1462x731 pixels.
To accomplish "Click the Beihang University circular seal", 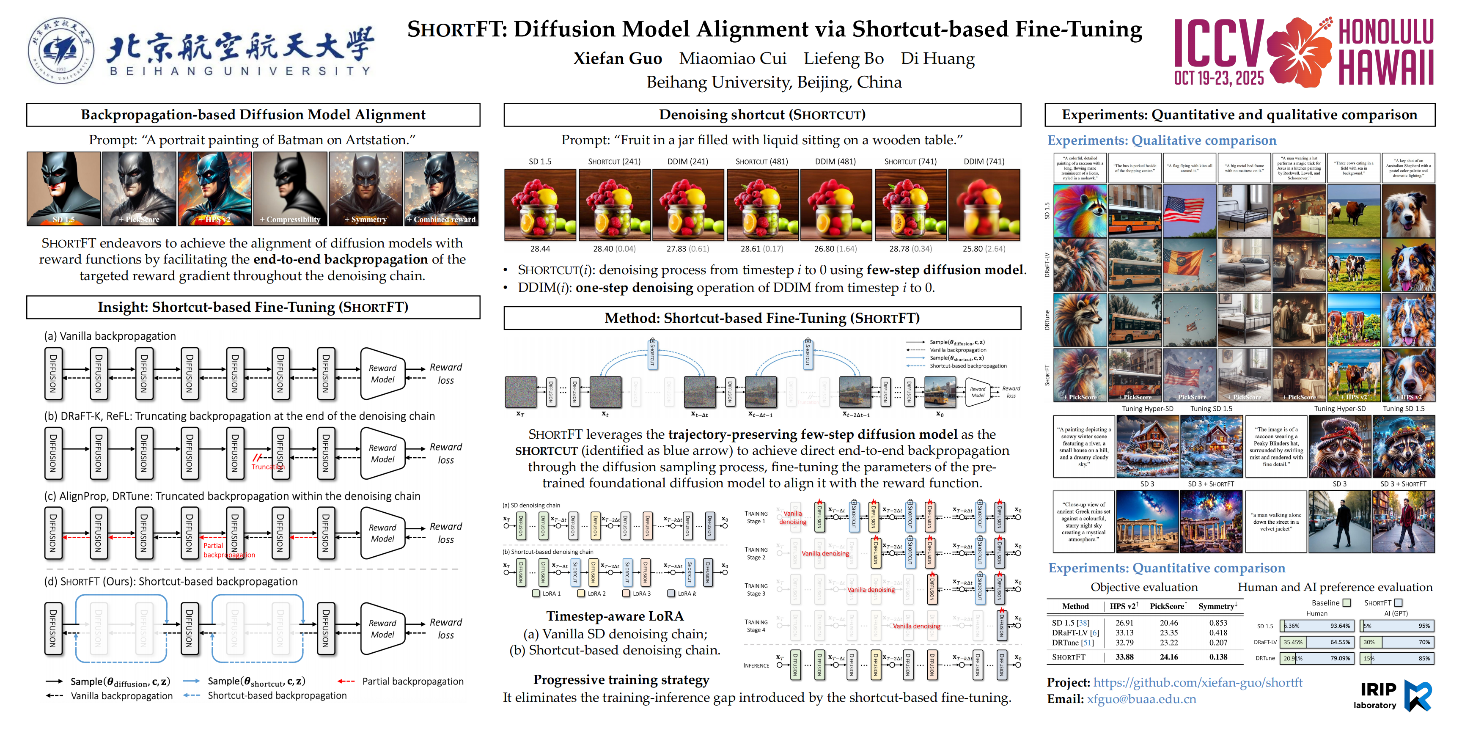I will point(61,50).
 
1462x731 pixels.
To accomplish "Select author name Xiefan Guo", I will point(618,58).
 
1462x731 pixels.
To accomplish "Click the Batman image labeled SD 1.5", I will point(63,188).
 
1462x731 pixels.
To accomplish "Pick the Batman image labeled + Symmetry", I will point(366,188).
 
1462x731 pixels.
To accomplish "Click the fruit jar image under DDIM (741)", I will point(984,205).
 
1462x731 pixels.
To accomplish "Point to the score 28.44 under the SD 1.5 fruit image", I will point(540,249).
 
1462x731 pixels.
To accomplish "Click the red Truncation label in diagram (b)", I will point(267,467).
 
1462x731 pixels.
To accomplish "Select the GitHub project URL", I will point(1198,682).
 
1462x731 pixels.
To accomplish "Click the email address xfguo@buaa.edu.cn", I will point(1141,699).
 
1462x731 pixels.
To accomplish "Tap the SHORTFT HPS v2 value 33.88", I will point(1124,657).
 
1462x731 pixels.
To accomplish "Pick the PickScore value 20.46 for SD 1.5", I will point(1168,623).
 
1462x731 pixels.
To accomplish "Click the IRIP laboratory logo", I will point(1395,695).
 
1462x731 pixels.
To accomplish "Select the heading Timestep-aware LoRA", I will point(615,616).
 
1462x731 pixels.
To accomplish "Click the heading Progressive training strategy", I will point(621,679).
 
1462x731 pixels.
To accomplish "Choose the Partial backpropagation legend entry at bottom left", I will point(412,681).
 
